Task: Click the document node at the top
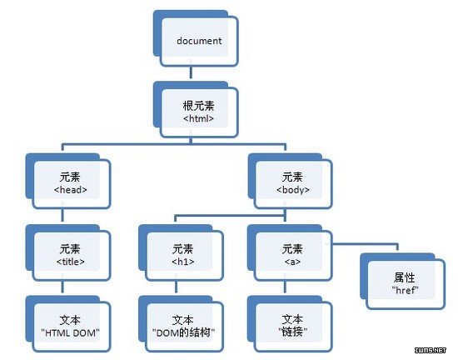coord(196,38)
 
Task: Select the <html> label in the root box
coord(199,118)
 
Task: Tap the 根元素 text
coord(199,106)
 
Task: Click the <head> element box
coord(68,181)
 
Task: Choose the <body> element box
coord(291,181)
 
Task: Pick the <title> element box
coord(68,252)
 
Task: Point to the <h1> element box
coord(181,252)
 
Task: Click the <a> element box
coord(290,252)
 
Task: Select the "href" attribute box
coord(403,282)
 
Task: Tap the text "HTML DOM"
coord(71,332)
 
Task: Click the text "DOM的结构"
coord(183,332)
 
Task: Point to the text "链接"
coord(292,332)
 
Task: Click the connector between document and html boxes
coord(191,72)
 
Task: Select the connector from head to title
coord(62,215)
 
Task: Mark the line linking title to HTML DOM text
coord(62,287)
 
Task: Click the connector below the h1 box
coord(176,287)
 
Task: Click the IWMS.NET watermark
coord(431,350)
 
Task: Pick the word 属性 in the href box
coord(405,277)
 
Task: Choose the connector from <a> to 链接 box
coord(285,287)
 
